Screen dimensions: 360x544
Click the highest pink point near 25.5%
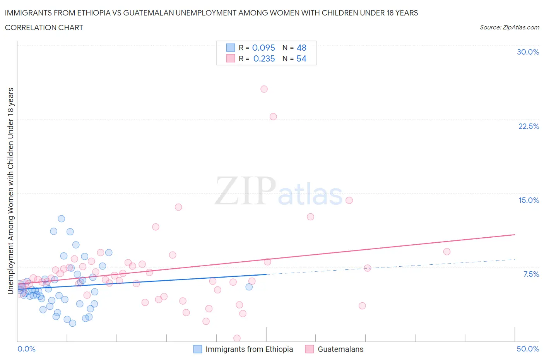tap(264, 89)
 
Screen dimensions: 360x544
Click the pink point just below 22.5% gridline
tap(273, 117)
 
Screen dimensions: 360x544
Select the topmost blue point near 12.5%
tap(61, 219)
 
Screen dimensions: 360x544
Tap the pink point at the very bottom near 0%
tap(237, 338)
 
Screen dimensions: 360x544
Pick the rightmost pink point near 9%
tap(446, 252)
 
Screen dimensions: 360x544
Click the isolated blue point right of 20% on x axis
tap(249, 287)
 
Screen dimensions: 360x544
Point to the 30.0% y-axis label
tap(528, 52)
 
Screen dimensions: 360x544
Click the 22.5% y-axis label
tap(529, 126)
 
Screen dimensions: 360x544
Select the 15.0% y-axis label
tap(529, 200)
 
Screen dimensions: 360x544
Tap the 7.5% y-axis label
tap(531, 274)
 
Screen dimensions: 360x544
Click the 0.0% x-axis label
tap(26, 349)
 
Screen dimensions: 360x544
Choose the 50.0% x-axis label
tap(528, 349)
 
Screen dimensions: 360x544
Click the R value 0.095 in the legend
tap(263, 48)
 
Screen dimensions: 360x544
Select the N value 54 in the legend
tap(301, 58)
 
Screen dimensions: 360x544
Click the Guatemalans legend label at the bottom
tap(340, 349)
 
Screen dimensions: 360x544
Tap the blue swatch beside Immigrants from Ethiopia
tap(198, 349)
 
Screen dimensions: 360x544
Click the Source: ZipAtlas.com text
tap(509, 27)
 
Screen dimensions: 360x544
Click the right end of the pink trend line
tap(515, 235)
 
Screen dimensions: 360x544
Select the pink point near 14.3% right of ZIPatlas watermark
tap(349, 200)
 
